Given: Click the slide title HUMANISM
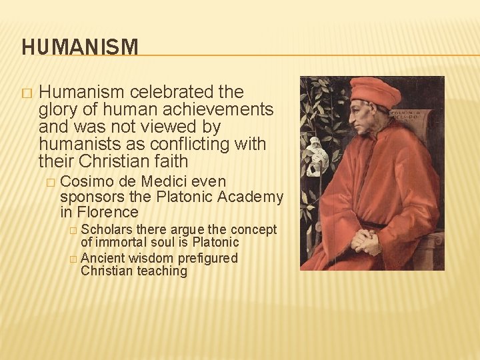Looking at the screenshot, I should tap(80, 47).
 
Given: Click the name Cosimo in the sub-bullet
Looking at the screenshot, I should tap(87, 181).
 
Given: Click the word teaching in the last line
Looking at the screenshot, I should tap(162, 271).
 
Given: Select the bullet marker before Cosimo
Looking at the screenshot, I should tap(49, 182).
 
